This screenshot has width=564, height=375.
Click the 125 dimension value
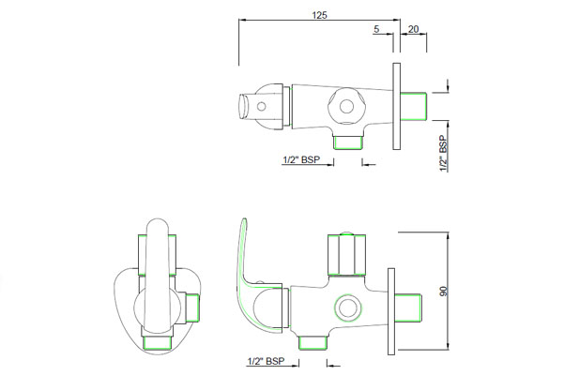[320, 14]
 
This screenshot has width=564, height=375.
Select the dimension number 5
[376, 30]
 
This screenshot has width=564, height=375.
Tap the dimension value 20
[414, 30]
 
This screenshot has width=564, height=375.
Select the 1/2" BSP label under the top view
[302, 159]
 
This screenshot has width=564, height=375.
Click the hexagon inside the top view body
[347, 107]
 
